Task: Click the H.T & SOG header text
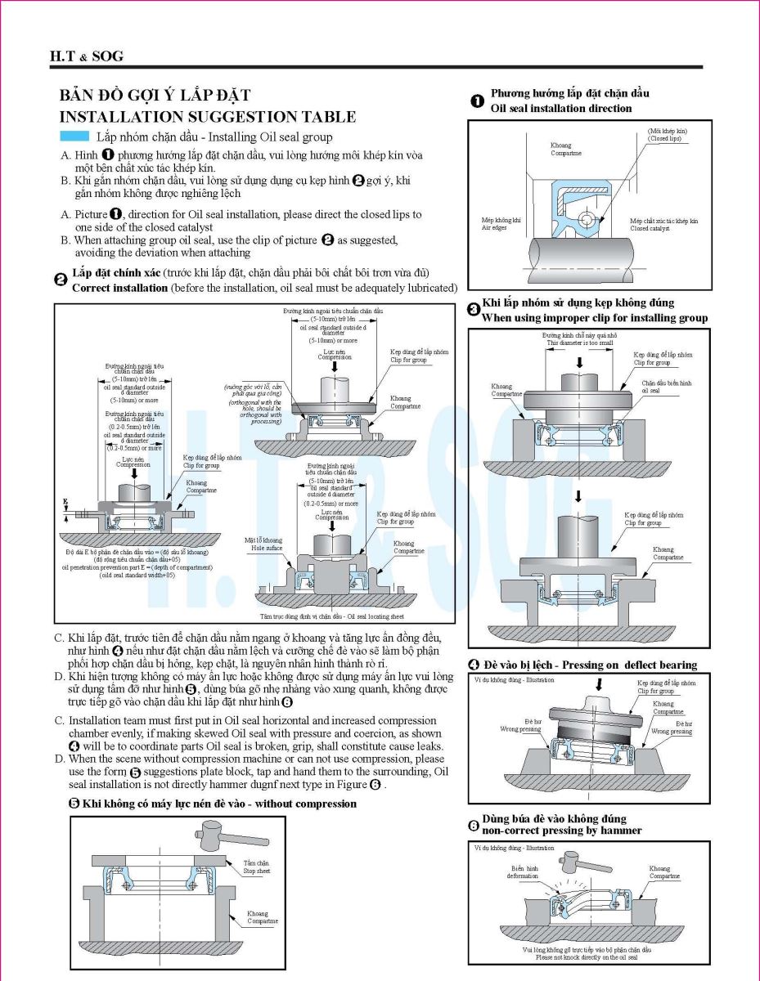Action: tap(87, 56)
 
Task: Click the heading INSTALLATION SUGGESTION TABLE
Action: tap(208, 118)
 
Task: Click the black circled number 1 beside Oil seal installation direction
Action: tap(477, 101)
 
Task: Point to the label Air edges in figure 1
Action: tap(494, 228)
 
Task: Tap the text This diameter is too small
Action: tap(579, 343)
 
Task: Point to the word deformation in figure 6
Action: tap(523, 876)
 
